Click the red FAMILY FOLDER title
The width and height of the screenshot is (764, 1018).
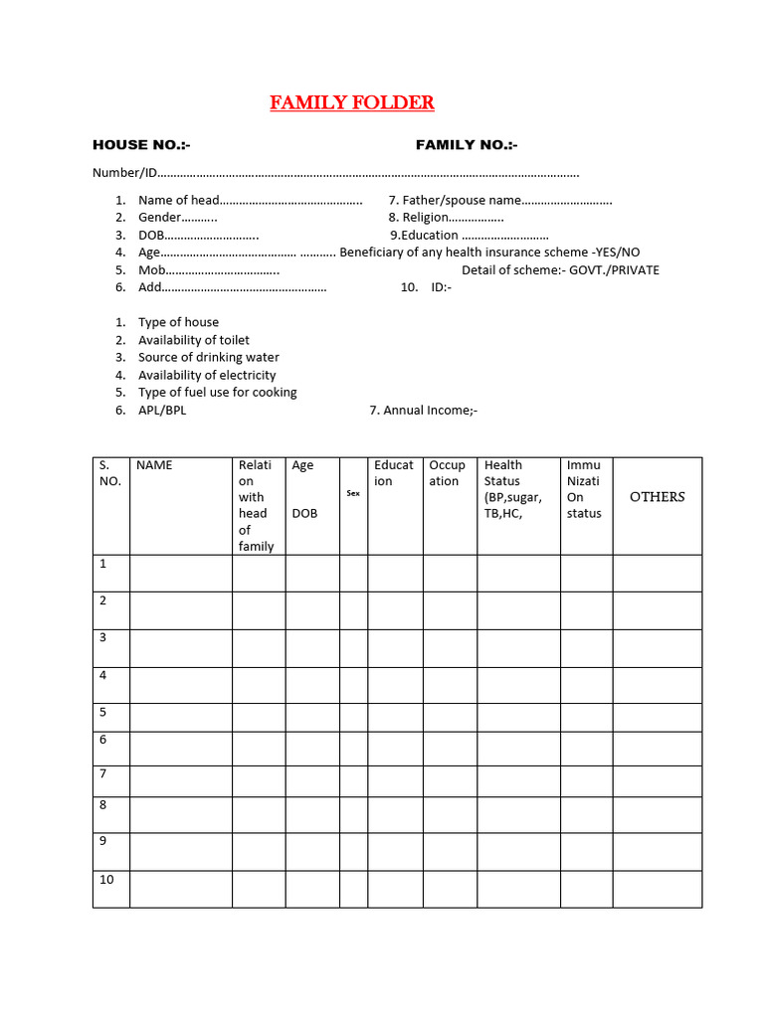[352, 102]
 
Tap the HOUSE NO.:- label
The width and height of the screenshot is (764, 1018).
[141, 145]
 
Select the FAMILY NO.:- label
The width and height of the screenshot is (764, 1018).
[467, 145]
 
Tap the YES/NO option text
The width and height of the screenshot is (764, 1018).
[618, 252]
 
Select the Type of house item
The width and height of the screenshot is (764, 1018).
[178, 322]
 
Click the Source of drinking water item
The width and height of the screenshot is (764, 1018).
[208, 357]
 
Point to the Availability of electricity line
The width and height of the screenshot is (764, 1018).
[207, 375]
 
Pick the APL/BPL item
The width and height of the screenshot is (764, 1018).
[162, 410]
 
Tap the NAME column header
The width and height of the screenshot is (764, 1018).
[154, 464]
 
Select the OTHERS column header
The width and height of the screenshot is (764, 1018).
[657, 497]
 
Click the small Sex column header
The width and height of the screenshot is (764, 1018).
[353, 493]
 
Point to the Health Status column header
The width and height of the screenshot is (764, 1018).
[512, 488]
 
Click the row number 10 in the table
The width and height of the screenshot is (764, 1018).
[106, 880]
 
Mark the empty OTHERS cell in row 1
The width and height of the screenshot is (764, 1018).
[657, 573]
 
